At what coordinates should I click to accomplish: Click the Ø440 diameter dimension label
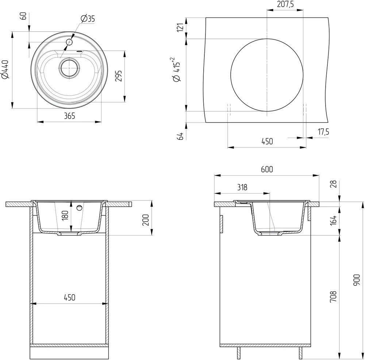(5, 70)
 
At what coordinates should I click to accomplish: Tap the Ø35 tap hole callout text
(88, 19)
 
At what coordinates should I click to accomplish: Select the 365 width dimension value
(70, 116)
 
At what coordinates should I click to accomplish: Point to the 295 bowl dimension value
(119, 76)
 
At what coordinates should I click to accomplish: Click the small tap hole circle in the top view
(69, 42)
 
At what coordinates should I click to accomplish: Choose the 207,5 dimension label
(285, 4)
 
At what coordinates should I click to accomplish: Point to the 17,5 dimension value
(323, 132)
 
